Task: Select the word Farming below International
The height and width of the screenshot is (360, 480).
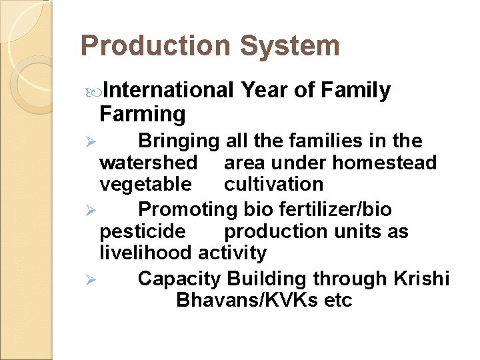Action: tap(142, 114)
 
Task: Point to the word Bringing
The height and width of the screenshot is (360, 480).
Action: tap(179, 141)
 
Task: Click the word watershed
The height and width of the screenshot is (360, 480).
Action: tap(148, 163)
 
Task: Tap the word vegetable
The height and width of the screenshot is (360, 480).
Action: tap(145, 184)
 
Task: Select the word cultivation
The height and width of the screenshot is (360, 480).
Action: tap(273, 184)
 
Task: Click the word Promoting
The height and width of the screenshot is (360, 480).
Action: tap(188, 210)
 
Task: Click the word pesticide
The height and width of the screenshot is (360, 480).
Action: tap(143, 232)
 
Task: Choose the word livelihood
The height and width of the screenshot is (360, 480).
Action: tap(146, 253)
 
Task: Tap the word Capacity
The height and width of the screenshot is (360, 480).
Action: tap(179, 279)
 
